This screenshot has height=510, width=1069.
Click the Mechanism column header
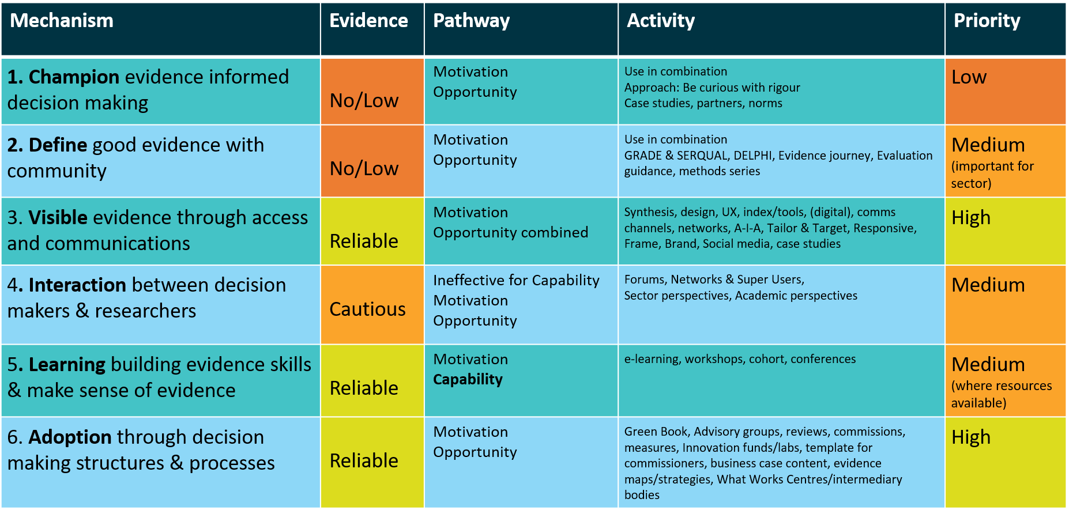pyautogui.click(x=62, y=21)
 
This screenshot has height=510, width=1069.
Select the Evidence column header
pyautogui.click(x=368, y=21)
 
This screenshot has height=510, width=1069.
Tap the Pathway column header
pyautogui.click(x=471, y=21)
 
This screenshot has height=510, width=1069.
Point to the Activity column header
pyautogui.click(x=661, y=21)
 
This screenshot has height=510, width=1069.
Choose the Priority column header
pyautogui.click(x=987, y=21)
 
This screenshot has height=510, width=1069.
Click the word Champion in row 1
pyautogui.click(x=74, y=77)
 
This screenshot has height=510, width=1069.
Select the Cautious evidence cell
pyautogui.click(x=367, y=309)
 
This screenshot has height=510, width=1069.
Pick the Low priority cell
pyautogui.click(x=969, y=77)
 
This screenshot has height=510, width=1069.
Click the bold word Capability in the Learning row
pyautogui.click(x=468, y=379)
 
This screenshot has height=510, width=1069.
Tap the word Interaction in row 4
pyautogui.click(x=77, y=285)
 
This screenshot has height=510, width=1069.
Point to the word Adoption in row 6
pyautogui.click(x=70, y=437)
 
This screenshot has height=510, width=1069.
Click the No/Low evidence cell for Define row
pyautogui.click(x=364, y=168)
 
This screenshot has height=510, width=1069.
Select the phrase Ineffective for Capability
pyautogui.click(x=516, y=280)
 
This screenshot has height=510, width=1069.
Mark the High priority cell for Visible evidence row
pyautogui.click(x=971, y=218)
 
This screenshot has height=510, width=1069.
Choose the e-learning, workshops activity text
pyautogui.click(x=740, y=359)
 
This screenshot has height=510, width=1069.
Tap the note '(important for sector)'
pyautogui.click(x=992, y=175)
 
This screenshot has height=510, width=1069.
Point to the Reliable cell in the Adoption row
pyautogui.click(x=364, y=461)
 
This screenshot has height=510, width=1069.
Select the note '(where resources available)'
pyautogui.click(x=1001, y=394)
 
